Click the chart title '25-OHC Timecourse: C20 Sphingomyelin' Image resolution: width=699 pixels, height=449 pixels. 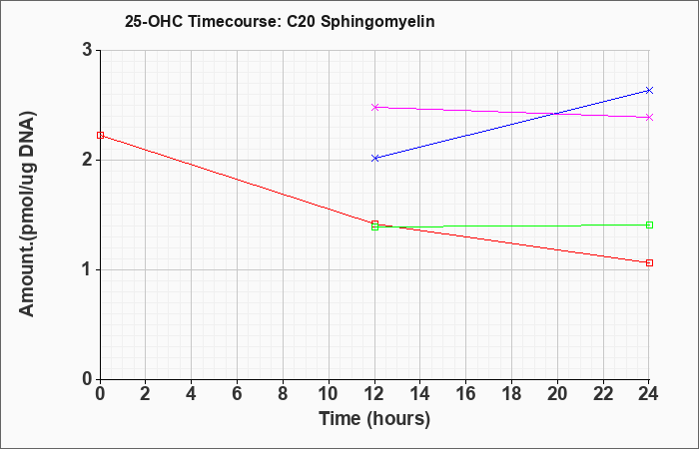click(280, 22)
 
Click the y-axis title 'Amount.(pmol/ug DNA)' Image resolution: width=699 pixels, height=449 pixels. click(27, 215)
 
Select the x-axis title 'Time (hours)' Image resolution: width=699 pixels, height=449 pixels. click(374, 419)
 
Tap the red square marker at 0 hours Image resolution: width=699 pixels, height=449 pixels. click(100, 136)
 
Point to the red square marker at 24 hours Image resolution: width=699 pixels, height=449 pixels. click(649, 262)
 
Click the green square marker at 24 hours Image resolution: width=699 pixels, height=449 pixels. click(649, 224)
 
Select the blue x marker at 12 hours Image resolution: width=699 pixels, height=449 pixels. click(374, 158)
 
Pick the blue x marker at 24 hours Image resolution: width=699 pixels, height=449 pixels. click(649, 91)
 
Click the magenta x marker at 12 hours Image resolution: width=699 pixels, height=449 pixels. click(374, 107)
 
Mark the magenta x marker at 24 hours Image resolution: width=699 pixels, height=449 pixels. click(649, 117)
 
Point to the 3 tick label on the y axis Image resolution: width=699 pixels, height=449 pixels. click(87, 50)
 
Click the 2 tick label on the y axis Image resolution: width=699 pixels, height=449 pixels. click(87, 160)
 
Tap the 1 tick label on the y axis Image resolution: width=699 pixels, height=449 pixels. click(87, 270)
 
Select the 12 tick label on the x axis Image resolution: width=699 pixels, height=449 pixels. click(374, 394)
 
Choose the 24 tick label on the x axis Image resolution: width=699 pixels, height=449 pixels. click(649, 394)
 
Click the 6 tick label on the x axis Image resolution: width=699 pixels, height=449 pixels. click(238, 394)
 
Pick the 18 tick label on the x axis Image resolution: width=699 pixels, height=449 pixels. click(511, 394)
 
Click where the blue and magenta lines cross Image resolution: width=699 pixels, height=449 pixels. click(556, 114)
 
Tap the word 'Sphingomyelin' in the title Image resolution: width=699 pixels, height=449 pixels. click(377, 22)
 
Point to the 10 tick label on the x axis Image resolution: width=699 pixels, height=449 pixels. click(329, 394)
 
